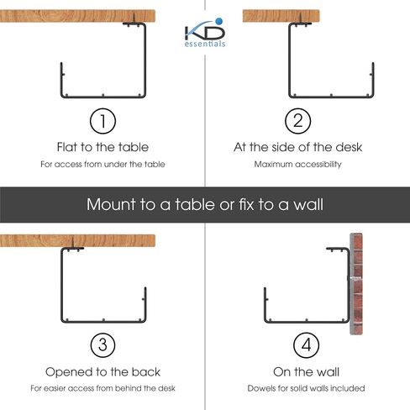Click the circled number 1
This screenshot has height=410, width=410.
pyautogui.click(x=102, y=121)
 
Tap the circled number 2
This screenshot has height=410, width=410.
pyautogui.click(x=297, y=121)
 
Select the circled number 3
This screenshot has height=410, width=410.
pyautogui.click(x=102, y=345)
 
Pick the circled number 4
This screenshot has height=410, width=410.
pyautogui.click(x=306, y=345)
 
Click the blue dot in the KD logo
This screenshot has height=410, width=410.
pyautogui.click(x=219, y=21)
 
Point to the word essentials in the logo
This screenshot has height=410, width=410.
pyautogui.click(x=205, y=44)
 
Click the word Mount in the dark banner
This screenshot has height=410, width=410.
pyautogui.click(x=111, y=204)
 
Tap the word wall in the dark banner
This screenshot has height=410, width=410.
pyautogui.click(x=307, y=204)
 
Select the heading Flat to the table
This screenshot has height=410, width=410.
pyautogui.click(x=102, y=147)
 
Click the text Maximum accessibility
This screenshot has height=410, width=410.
pyautogui.click(x=297, y=164)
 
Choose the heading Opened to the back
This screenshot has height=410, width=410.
pyautogui.click(x=102, y=372)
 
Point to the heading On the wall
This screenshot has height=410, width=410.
pyautogui.click(x=306, y=372)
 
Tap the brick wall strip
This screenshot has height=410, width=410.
pyautogui.click(x=356, y=284)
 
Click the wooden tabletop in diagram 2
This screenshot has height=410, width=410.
pyautogui.click(x=281, y=16)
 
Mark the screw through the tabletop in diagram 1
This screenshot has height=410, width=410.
pyautogui.click(x=134, y=18)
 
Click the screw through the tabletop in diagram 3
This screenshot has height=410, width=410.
pyautogui.click(x=72, y=243)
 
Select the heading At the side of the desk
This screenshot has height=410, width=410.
pyautogui.click(x=297, y=147)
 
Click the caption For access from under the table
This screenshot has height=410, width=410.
pyautogui.click(x=102, y=164)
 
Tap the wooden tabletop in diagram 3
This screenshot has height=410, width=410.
pyautogui.click(x=77, y=241)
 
